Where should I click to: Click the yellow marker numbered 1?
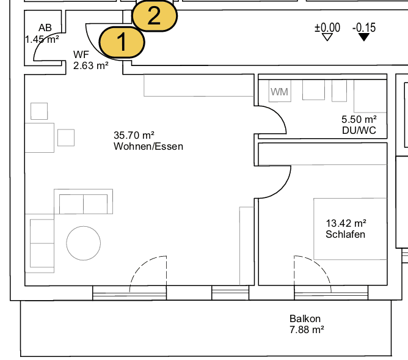(122, 42)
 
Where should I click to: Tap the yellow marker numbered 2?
(155, 15)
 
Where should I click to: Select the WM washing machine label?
(280, 92)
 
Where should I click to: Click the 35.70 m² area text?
(134, 135)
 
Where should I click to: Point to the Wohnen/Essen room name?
(148, 147)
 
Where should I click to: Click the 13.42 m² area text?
(346, 223)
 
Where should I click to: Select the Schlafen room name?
(345, 234)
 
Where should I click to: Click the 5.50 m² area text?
(359, 120)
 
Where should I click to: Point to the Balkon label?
(305, 318)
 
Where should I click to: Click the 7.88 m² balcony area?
(306, 329)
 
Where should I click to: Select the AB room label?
(45, 28)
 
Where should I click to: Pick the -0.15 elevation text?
(364, 27)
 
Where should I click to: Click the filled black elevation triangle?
(364, 37)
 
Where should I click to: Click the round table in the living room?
(83, 242)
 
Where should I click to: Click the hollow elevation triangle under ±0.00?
(327, 37)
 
